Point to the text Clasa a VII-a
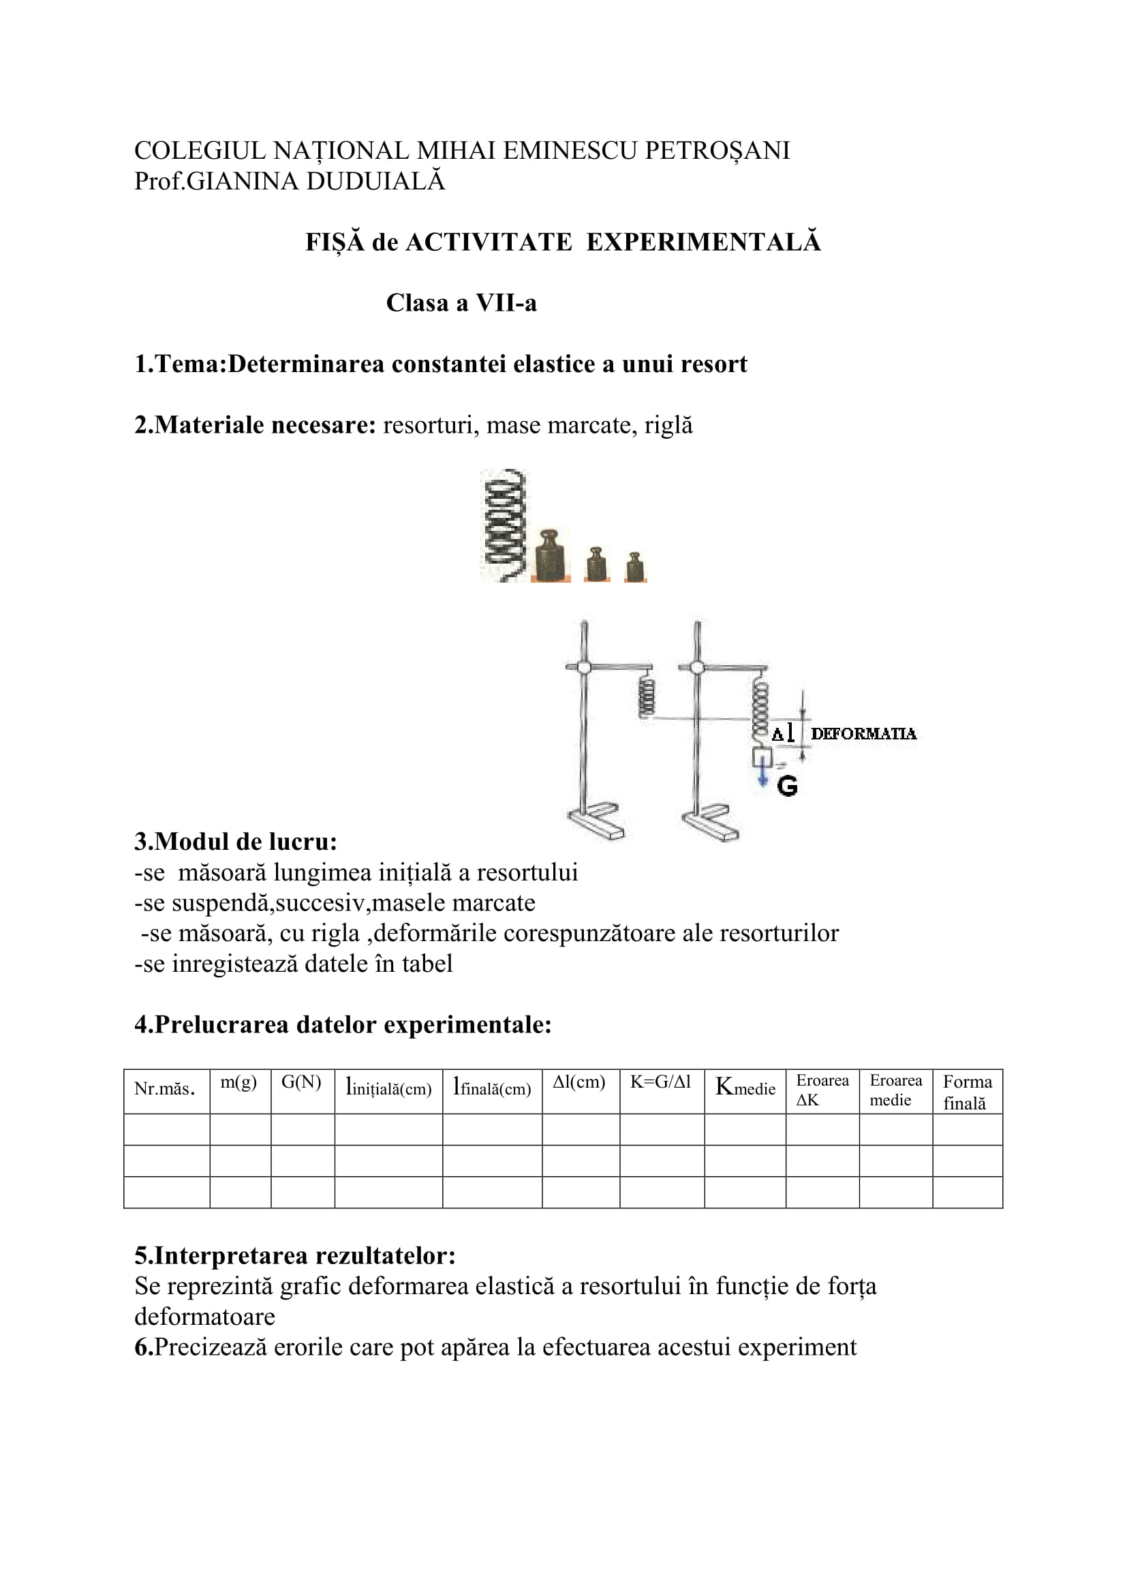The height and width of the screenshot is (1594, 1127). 461,303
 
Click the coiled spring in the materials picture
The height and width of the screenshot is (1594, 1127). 504,525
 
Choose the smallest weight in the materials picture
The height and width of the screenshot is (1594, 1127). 634,567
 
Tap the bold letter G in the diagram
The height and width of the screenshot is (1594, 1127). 787,786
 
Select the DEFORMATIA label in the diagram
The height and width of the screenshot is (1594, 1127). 863,734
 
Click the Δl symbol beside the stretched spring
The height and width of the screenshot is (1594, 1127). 783,734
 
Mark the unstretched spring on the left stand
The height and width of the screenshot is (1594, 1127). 647,696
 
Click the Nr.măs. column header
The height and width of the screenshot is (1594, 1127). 164,1088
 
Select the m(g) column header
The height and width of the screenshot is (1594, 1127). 238,1082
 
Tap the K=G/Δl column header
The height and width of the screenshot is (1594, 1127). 661,1082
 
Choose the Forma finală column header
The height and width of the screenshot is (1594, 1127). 968,1092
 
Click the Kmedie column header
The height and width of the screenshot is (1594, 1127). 745,1087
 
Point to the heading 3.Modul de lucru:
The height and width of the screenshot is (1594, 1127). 236,842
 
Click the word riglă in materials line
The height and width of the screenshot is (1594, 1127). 668,425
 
